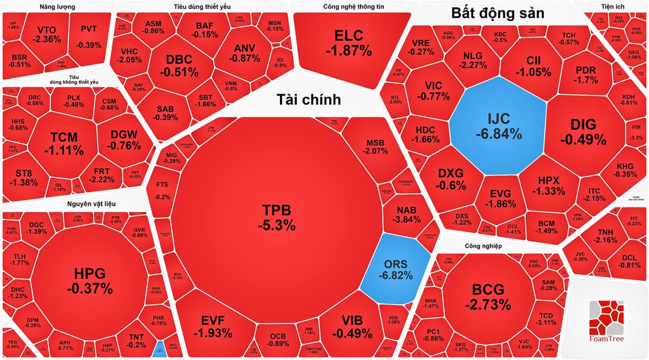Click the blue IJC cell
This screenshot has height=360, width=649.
(499, 126)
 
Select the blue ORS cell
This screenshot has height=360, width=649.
(395, 270)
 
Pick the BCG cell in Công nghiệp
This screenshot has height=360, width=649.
(488, 295)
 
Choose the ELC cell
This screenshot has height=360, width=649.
(349, 43)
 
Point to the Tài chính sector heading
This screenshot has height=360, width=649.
(308, 99)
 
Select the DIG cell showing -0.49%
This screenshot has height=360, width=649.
(583, 132)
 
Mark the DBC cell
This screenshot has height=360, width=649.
(178, 66)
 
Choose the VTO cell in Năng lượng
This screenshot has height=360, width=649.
(47, 34)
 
